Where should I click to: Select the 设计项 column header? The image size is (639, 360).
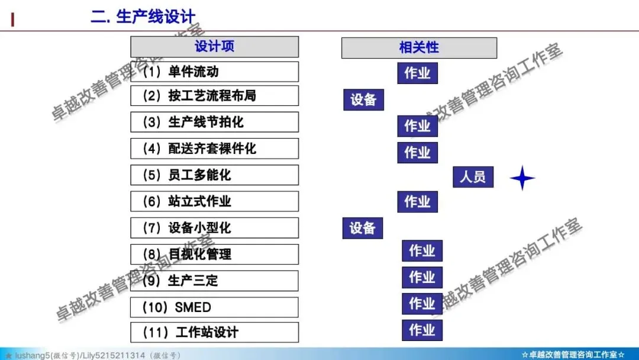click(214, 47)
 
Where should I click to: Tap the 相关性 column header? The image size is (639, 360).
click(419, 48)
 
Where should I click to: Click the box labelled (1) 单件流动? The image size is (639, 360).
click(214, 72)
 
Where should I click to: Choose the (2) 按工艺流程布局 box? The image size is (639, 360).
click(214, 96)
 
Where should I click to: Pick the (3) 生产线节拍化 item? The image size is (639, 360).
click(214, 123)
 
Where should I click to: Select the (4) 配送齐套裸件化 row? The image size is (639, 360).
click(214, 149)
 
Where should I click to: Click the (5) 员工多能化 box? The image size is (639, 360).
click(214, 175)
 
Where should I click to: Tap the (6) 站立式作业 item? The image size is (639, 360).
click(214, 202)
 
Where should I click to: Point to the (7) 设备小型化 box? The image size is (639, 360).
click(214, 228)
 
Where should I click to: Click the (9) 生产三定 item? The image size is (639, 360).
click(214, 281)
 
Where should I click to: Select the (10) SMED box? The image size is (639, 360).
click(214, 307)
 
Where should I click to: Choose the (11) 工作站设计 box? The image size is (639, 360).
click(214, 332)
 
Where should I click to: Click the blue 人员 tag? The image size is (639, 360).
click(473, 176)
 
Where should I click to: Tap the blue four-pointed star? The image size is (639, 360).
click(522, 178)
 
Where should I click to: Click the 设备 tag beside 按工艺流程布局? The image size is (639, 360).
click(363, 99)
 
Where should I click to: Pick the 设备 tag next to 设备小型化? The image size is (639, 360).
click(362, 228)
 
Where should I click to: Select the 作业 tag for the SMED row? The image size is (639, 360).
click(422, 304)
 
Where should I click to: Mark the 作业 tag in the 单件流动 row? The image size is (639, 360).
click(417, 73)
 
